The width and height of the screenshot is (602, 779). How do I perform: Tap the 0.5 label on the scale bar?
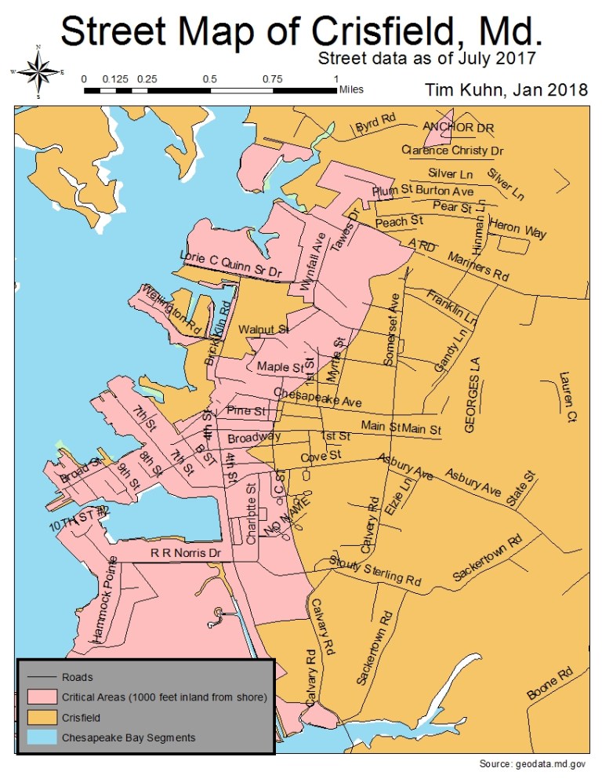(x=209, y=79)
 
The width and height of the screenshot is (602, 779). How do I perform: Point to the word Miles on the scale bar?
(x=350, y=90)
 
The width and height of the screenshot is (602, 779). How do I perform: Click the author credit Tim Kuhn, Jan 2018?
(x=506, y=89)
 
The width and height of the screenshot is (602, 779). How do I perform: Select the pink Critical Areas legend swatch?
(x=40, y=697)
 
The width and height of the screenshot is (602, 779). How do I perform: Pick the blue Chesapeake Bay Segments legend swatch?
(x=40, y=737)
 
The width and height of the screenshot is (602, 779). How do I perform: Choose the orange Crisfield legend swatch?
(x=40, y=717)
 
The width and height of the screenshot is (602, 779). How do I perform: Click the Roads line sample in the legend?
(x=40, y=676)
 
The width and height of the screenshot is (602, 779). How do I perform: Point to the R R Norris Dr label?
(x=187, y=553)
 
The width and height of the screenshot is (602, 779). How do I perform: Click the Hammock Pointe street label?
(x=104, y=600)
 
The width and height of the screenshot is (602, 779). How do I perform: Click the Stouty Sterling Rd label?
(x=375, y=571)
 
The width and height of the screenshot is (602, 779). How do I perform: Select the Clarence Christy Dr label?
(x=452, y=150)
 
